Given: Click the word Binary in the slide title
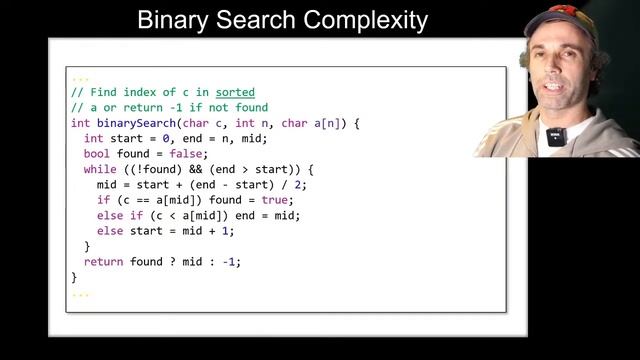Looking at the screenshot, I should click(170, 20).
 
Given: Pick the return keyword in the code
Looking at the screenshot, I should click(102, 262).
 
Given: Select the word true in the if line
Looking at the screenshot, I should click(261, 200).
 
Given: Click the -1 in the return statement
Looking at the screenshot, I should click(229, 262).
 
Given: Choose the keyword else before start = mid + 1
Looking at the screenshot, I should click(109, 231).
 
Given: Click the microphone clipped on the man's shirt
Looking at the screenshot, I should click(557, 137).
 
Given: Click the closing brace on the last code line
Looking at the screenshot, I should click(74, 277).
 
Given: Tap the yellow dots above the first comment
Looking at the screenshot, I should click(80, 78).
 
